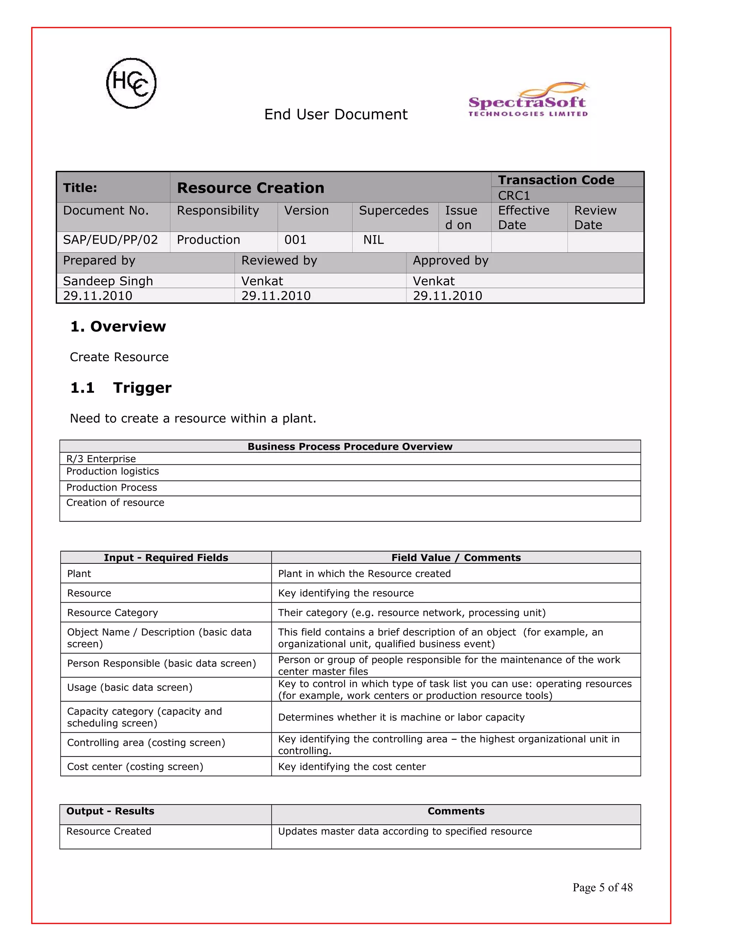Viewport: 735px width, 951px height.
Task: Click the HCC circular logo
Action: click(x=131, y=83)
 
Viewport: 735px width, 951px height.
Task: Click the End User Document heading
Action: click(x=336, y=114)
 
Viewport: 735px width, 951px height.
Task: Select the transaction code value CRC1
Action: click(x=514, y=196)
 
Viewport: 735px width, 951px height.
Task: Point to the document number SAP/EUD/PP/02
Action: click(x=110, y=240)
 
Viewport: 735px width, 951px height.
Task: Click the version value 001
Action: click(x=295, y=240)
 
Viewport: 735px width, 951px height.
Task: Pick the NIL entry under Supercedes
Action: click(x=374, y=240)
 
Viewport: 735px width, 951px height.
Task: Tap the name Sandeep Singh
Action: click(x=108, y=281)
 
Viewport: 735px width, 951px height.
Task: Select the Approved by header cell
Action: click(x=450, y=261)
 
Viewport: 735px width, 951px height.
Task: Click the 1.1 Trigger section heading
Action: click(x=121, y=388)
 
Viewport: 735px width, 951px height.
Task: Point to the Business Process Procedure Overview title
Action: click(x=350, y=446)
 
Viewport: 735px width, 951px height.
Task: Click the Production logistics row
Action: click(x=112, y=471)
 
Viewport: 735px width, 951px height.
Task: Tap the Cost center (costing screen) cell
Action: click(x=135, y=767)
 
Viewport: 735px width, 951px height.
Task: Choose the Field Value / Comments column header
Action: click(x=455, y=557)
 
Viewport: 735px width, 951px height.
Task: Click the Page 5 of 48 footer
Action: click(x=602, y=887)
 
